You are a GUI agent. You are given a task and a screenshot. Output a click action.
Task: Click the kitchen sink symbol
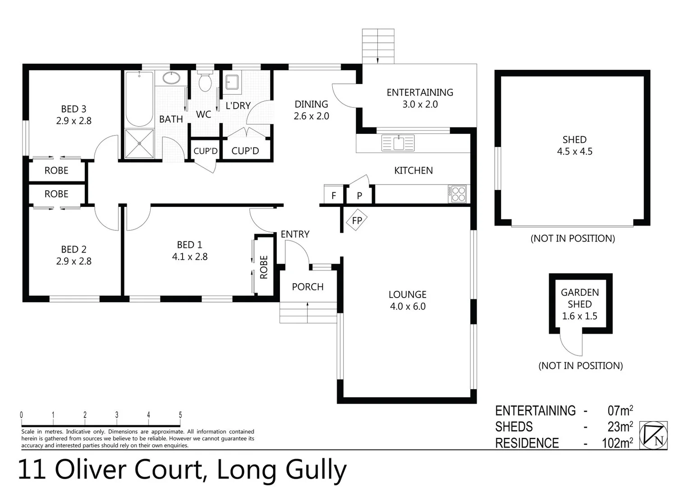(398, 143)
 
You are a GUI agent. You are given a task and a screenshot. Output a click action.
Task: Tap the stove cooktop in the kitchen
(458, 194)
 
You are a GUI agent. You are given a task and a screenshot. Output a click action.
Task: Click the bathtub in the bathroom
(139, 99)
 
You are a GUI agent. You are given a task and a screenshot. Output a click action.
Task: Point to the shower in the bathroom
(139, 143)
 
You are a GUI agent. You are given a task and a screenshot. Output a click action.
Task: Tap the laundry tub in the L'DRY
(232, 82)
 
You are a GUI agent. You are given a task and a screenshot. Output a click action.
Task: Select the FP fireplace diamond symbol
(357, 221)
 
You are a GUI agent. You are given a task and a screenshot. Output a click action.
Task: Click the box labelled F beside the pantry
(334, 195)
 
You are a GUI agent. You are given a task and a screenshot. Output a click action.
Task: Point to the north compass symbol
(653, 435)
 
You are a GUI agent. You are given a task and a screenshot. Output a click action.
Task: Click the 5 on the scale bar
(180, 415)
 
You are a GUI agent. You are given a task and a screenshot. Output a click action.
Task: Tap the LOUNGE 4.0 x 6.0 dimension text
(408, 306)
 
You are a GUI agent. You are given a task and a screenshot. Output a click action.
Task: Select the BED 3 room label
(73, 109)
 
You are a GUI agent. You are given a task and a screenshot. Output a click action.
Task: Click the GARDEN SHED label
(579, 298)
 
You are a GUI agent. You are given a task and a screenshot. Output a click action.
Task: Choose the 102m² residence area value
(617, 443)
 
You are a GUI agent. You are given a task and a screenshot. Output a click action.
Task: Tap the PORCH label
(308, 287)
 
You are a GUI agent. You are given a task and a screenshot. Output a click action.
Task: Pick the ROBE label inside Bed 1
(264, 267)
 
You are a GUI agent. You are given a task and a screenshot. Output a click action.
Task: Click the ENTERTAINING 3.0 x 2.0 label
(420, 98)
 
